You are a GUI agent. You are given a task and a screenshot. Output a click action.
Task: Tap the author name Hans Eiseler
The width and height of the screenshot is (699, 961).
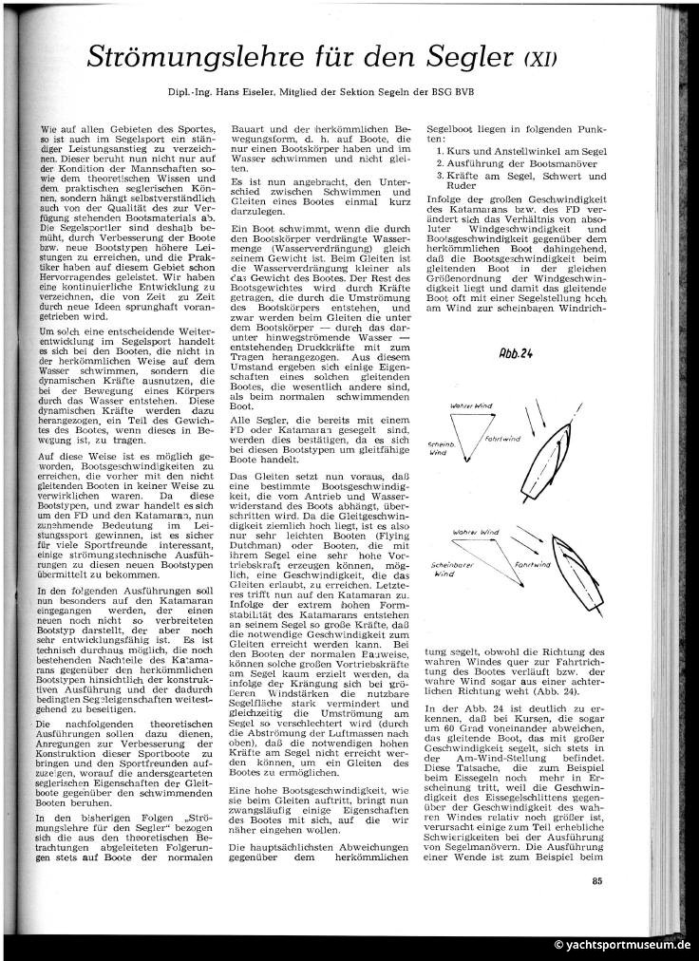(x=232, y=95)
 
